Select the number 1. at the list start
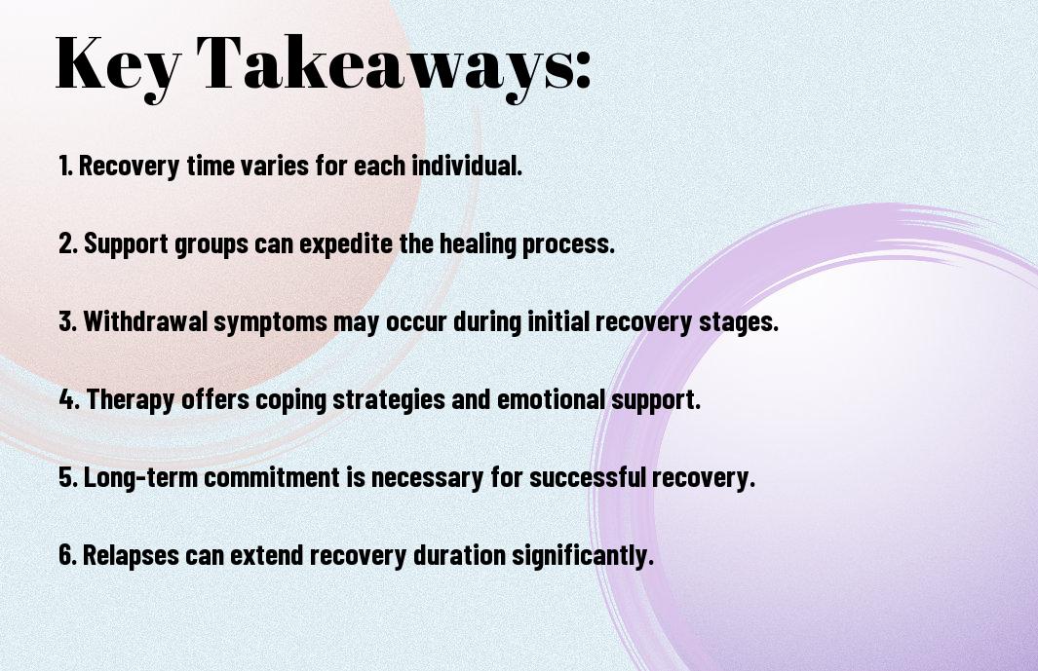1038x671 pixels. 66,166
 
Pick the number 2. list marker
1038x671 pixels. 68,243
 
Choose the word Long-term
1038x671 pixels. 132,477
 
